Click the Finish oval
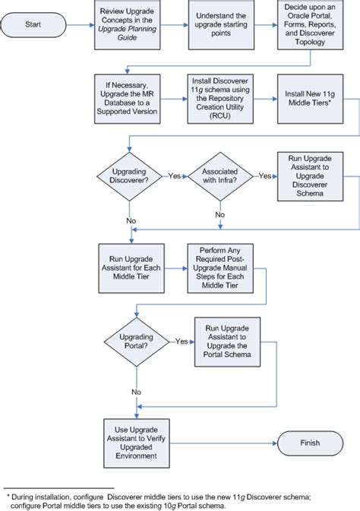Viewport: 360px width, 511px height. click(310, 443)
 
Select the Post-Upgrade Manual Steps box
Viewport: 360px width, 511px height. click(219, 267)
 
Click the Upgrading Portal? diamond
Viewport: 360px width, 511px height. click(136, 342)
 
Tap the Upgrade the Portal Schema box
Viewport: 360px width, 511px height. click(226, 342)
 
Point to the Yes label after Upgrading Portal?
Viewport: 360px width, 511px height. click(182, 342)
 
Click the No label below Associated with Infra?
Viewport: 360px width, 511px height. click(219, 214)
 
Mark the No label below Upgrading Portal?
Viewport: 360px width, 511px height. click(136, 391)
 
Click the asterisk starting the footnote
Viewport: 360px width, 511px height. click(8, 494)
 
